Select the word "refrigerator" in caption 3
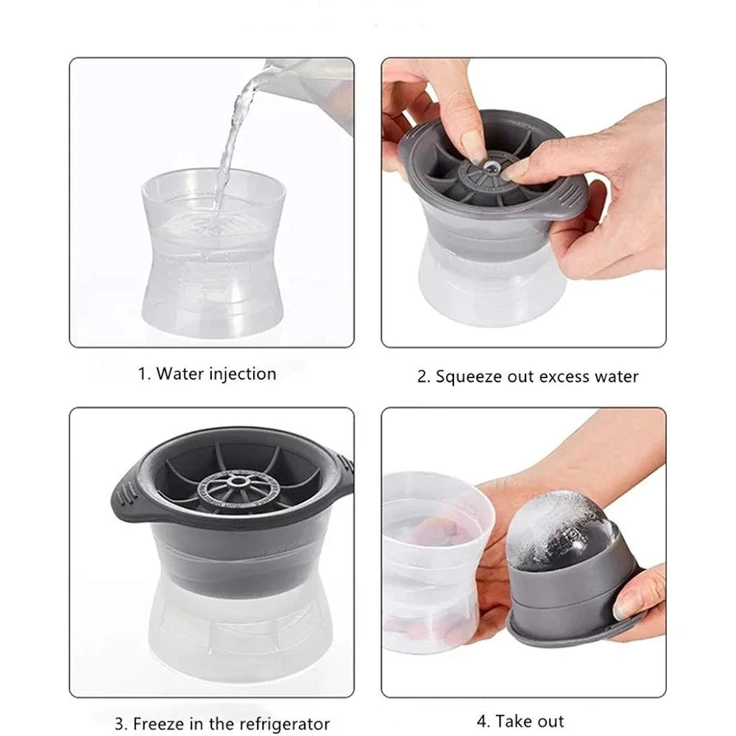pos(277,723)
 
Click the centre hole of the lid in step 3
pos(239,481)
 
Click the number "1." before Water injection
pos(144,375)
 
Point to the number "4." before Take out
pos(484,721)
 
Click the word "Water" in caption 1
pos(180,374)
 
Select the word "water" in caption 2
pos(616,377)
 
